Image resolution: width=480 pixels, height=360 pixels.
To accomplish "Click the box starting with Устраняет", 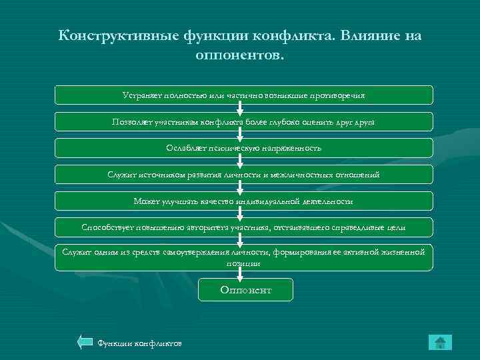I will pos(243,95).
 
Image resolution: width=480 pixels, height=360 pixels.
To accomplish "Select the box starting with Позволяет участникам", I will pos(243,121).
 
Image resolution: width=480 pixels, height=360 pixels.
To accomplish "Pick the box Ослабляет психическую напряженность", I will pos(243,148).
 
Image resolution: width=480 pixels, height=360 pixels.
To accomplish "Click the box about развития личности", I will pos(243,175).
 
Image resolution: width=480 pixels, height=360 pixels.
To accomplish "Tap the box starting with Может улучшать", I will pos(243,201).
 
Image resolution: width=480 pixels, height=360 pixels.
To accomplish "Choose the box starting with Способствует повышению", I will pos(243,227).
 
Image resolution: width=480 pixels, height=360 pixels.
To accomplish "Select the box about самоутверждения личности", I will pos(243,257).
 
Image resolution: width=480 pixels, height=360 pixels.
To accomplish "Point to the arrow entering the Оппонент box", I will pos(243,274).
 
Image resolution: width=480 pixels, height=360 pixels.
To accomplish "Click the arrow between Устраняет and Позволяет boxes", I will pos(243,108).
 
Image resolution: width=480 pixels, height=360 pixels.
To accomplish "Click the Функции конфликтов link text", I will pos(139,343).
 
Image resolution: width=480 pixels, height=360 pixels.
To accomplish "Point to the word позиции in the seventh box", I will pos(243,263).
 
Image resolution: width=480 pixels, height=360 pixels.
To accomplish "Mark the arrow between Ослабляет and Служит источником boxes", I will pos(243,161).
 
